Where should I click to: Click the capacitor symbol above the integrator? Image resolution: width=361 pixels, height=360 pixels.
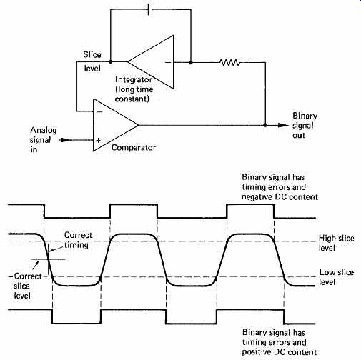pos(150,10)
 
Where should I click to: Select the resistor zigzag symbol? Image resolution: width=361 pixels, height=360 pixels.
pos(230,63)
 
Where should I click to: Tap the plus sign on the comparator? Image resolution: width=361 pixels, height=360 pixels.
pos(98,140)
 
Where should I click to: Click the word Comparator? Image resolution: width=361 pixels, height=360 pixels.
pos(134,148)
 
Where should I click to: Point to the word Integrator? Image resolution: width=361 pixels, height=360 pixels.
pos(134,79)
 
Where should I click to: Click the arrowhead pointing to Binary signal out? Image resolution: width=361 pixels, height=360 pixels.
pos(283,125)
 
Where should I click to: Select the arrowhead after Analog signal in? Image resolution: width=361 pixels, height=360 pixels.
pos(65,140)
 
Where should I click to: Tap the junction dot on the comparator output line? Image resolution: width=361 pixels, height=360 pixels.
pos(265,125)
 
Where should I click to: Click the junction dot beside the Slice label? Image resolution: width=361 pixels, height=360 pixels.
pos(110,61)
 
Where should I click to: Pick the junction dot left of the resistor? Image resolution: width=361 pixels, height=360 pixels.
pos(191,63)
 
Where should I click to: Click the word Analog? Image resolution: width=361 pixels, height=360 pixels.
pos(44,130)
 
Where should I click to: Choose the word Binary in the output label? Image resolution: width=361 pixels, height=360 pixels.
pos(305,116)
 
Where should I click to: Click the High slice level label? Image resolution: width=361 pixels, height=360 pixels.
pos(336,243)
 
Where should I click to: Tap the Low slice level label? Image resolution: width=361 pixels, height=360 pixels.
pos(336,277)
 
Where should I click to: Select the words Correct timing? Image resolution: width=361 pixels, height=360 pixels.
pos(78,240)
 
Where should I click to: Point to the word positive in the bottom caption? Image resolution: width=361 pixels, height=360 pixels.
pos(257,352)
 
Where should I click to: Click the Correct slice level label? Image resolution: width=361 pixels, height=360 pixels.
pos(28,286)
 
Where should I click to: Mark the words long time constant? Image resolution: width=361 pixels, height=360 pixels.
pos(134,94)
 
